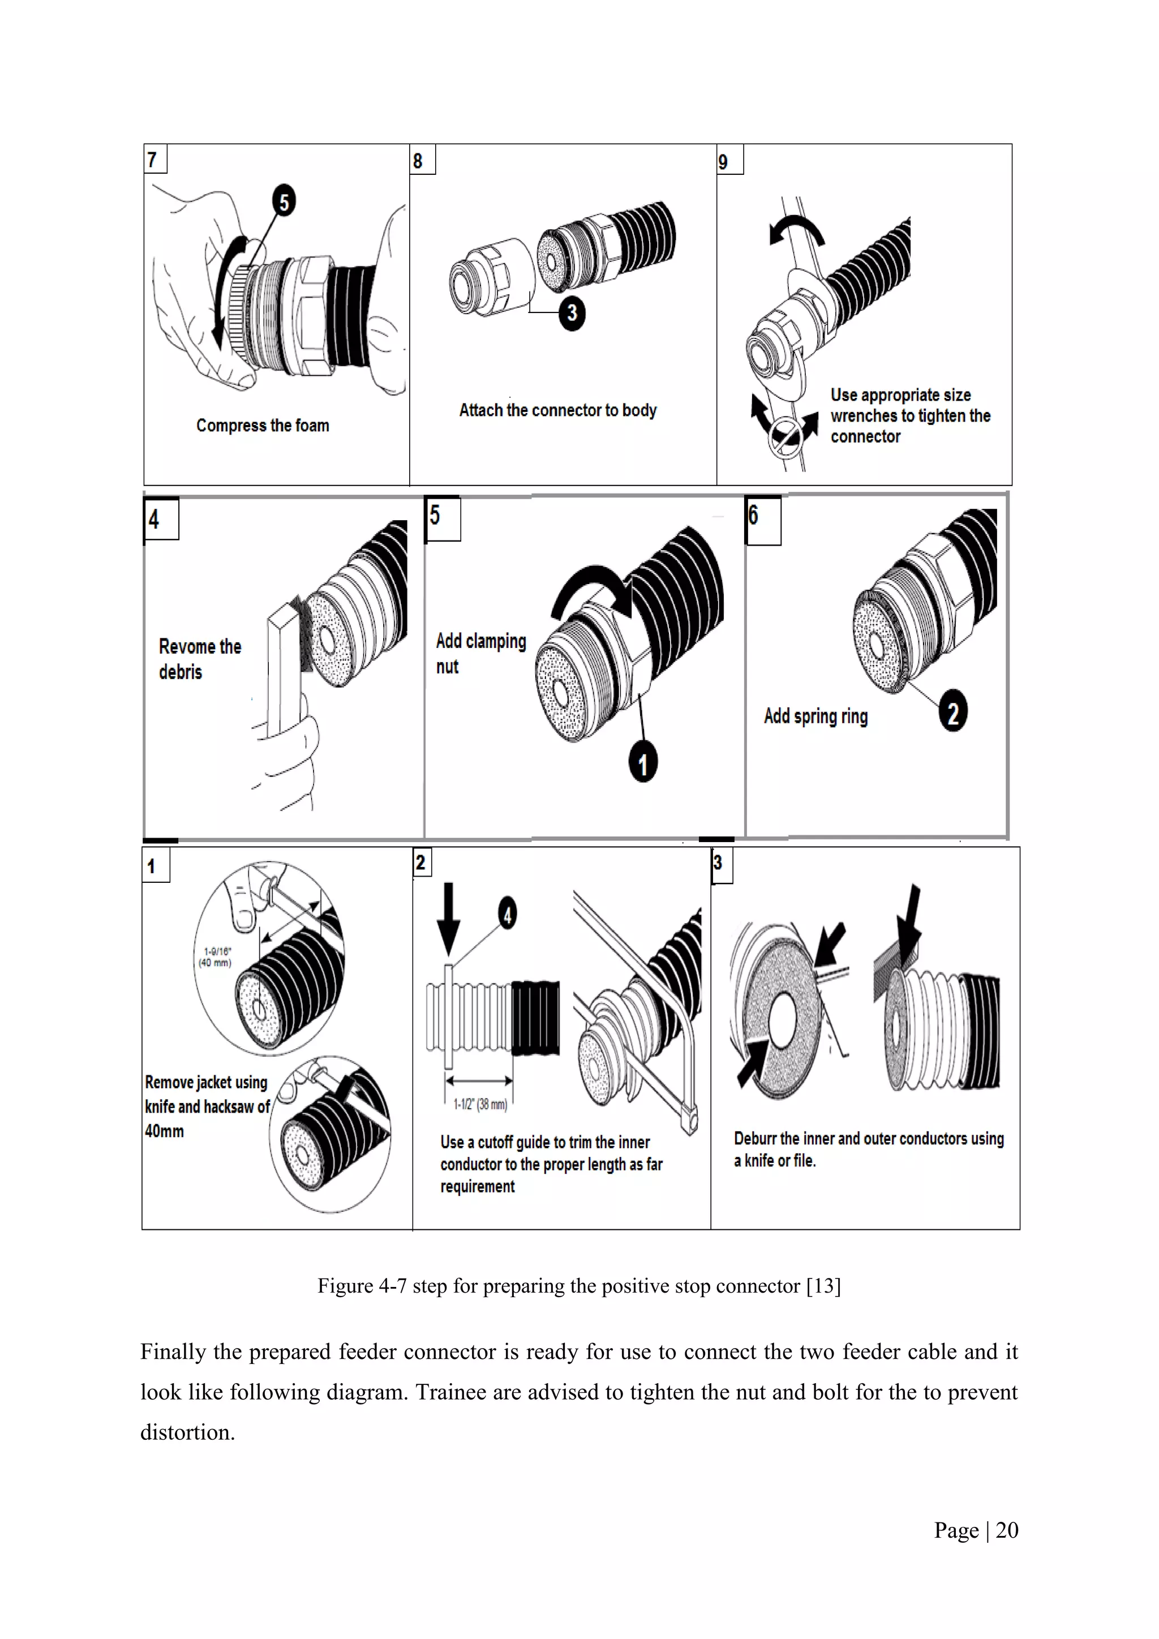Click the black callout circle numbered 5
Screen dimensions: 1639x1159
(x=284, y=202)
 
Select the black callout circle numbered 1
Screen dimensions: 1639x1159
(x=642, y=762)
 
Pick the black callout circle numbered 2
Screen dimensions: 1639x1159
(x=953, y=711)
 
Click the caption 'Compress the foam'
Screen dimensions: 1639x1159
(x=263, y=426)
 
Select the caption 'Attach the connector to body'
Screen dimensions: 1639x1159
(x=557, y=410)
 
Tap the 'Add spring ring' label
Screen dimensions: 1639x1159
(x=815, y=716)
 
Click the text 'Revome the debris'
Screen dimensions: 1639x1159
(x=199, y=659)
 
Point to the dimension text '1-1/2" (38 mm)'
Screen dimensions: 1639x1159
(x=480, y=1104)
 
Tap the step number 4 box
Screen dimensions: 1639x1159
(x=161, y=519)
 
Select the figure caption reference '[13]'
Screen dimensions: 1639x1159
(x=823, y=1286)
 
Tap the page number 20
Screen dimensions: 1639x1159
(x=1006, y=1530)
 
